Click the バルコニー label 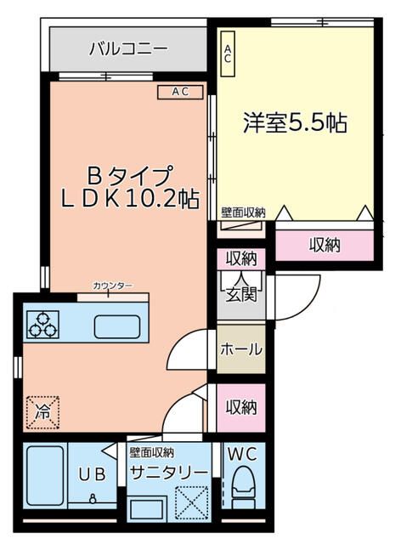128,49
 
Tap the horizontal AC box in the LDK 180,92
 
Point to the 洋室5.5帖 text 296,122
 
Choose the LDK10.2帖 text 130,200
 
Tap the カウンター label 112,286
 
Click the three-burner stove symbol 42,324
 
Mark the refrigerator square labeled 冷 42,412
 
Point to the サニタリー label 168,473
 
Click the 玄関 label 240,295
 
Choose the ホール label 241,349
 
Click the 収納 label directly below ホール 241,406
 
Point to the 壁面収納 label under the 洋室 243,212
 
